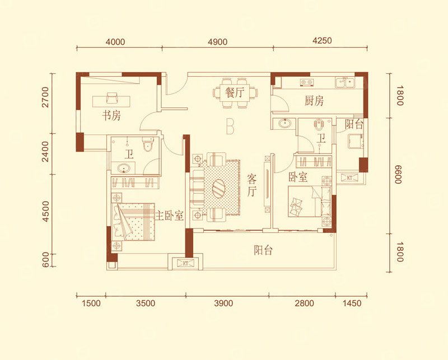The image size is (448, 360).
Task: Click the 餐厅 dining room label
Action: point(235,92)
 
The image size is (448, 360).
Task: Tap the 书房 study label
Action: point(111,115)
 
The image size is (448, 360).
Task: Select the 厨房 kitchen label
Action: point(314,101)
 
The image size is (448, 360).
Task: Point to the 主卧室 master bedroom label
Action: point(169,215)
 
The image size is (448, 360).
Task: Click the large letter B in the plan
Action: point(230,126)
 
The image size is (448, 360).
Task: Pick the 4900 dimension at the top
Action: point(218,42)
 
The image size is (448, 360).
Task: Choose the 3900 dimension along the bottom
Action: point(223,303)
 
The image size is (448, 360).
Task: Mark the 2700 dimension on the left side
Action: point(45,97)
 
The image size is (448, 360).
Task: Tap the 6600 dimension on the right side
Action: point(399,174)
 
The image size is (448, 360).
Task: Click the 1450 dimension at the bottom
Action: point(352,303)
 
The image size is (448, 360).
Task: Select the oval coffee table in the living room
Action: point(218,188)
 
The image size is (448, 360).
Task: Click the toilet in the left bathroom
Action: point(148,144)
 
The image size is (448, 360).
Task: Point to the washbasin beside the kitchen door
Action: point(285,123)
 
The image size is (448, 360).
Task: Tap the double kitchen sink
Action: point(345,82)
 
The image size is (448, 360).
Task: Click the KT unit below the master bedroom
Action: point(185,263)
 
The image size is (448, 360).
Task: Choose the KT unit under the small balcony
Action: point(349,177)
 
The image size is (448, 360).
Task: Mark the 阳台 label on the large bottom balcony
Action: point(263,250)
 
